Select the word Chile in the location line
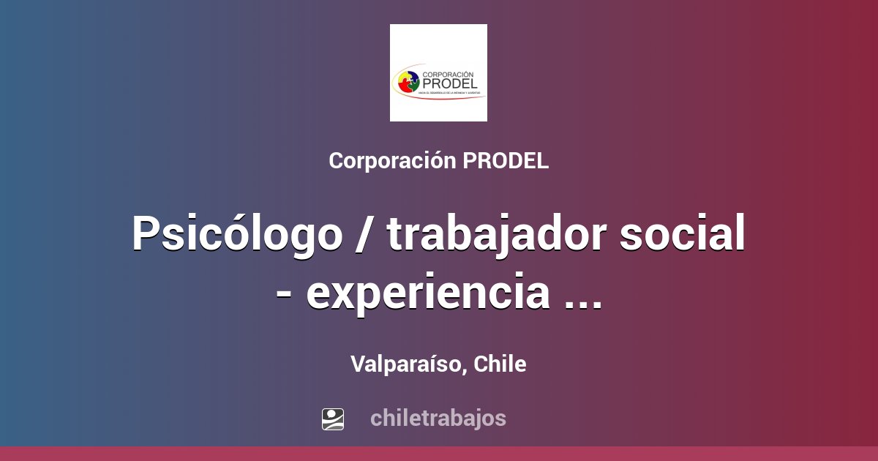[x=500, y=364]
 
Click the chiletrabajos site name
[x=438, y=419]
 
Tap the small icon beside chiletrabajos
[x=333, y=419]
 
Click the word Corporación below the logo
[x=393, y=161]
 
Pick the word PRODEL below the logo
[x=506, y=161]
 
